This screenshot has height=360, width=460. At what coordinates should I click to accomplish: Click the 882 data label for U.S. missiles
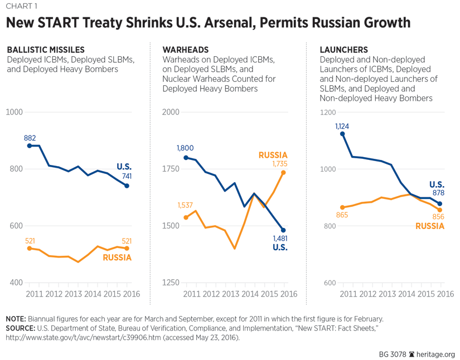[x=30, y=137]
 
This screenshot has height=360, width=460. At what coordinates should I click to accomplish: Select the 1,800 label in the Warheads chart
[x=186, y=148]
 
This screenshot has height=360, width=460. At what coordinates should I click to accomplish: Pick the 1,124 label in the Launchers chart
[x=342, y=126]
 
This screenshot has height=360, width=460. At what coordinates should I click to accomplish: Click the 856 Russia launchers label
[x=437, y=217]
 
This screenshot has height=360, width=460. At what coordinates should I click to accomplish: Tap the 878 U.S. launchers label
[x=437, y=194]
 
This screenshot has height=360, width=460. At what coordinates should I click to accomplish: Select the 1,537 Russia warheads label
[x=186, y=206]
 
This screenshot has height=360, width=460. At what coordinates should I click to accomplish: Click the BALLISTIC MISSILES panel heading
[x=45, y=50]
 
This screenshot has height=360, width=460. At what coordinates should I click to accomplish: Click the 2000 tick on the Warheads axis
[x=170, y=112]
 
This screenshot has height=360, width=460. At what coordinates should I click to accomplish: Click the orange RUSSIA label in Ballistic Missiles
[x=117, y=257]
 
